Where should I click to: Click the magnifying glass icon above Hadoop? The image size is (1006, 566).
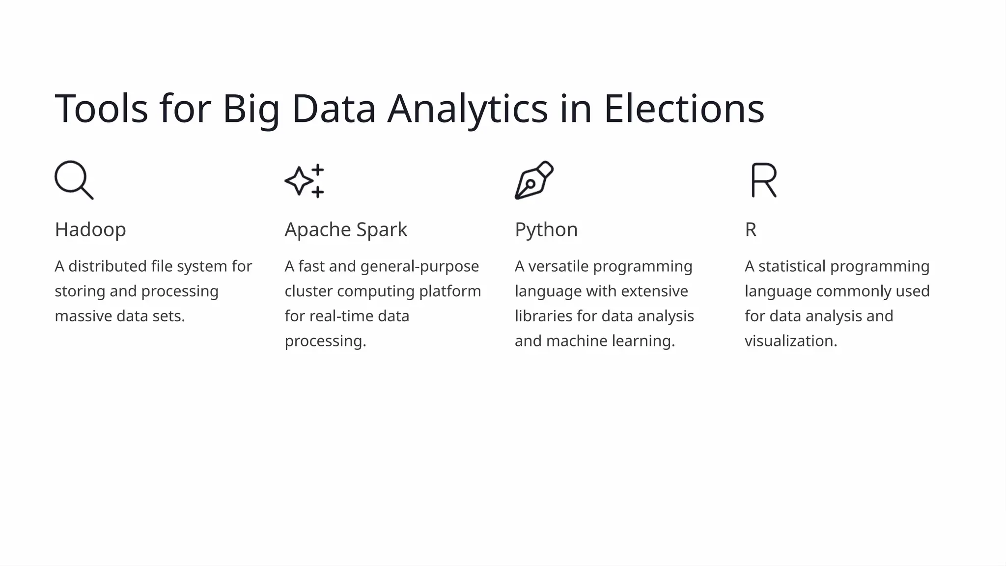point(74,180)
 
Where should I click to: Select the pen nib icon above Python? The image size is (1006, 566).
point(534,180)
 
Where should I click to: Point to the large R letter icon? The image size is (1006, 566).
point(764,180)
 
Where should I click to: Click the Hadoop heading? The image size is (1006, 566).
point(90,230)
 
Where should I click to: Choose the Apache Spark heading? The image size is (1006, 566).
point(346,230)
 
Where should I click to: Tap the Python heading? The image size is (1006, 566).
point(546,230)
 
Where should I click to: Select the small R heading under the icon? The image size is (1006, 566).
point(751,230)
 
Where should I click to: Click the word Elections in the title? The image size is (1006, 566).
point(684,109)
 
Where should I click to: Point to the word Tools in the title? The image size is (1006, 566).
point(101,109)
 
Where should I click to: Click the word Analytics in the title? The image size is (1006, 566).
point(467,109)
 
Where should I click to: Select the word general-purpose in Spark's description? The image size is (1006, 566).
point(419,266)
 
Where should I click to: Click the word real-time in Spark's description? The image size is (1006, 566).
point(341,316)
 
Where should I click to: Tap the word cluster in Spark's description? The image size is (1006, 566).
point(308,291)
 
